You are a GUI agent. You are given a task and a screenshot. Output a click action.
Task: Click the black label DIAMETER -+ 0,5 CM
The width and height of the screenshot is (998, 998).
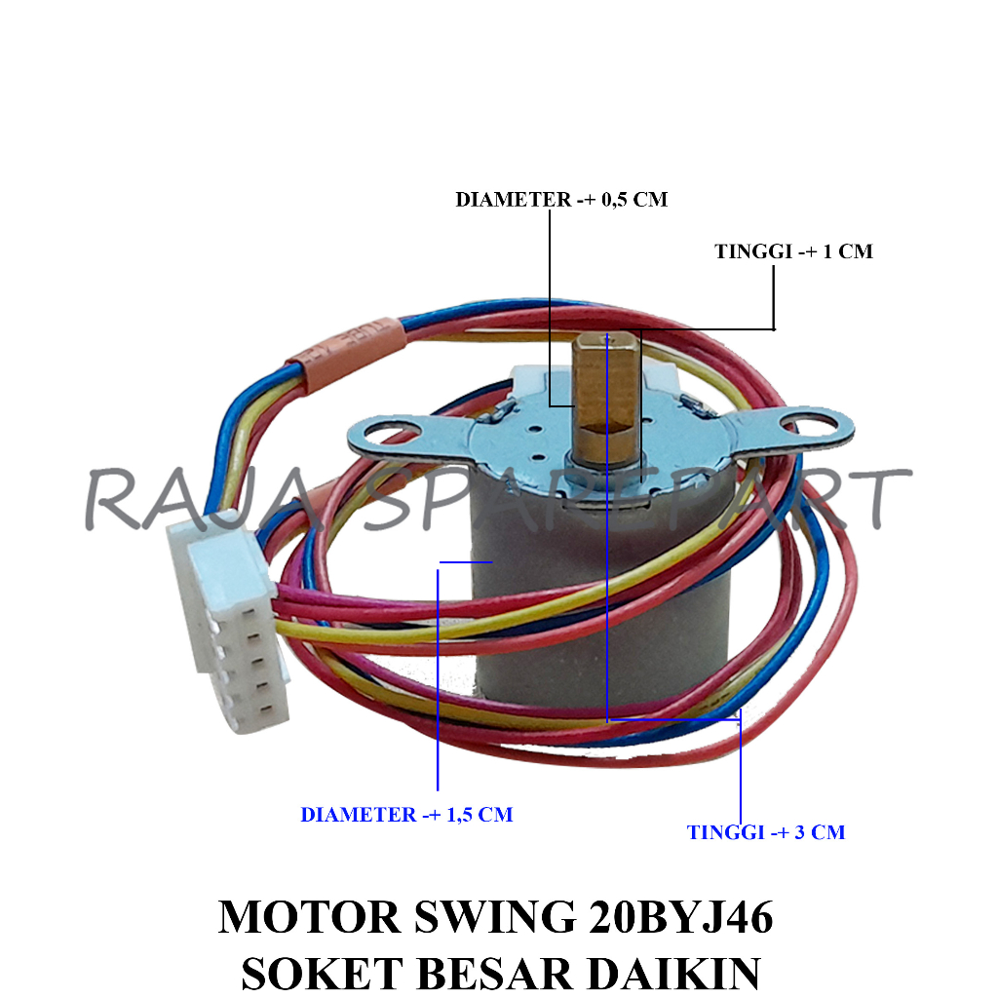[561, 200]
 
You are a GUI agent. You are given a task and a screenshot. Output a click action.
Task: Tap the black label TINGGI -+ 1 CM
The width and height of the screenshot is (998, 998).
[793, 251]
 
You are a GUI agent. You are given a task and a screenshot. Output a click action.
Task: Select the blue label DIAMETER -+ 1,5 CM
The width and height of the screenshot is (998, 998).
[406, 815]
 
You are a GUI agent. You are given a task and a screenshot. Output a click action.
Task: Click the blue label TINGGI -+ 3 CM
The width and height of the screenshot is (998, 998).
[765, 832]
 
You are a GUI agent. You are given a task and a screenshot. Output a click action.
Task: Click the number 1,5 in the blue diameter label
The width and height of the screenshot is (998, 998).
[461, 815]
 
